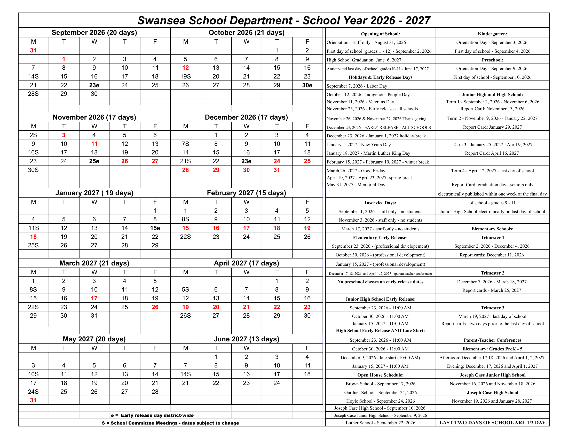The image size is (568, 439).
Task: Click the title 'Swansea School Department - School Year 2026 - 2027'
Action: [x=284, y=20]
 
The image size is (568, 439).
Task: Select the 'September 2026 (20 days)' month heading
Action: [x=94, y=33]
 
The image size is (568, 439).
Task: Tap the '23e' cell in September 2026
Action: [x=94, y=85]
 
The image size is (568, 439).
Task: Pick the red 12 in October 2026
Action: [x=185, y=68]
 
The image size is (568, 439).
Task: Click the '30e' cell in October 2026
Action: [x=307, y=85]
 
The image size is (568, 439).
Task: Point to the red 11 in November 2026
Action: [x=94, y=144]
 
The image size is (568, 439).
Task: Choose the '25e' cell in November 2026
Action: [x=94, y=161]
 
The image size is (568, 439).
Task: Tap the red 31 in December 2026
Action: [x=277, y=170]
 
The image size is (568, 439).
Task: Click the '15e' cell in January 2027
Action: [x=155, y=228]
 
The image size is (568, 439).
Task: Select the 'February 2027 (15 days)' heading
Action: [x=246, y=193]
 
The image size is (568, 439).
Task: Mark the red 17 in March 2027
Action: [x=94, y=298]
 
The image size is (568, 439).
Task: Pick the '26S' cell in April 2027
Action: [x=185, y=316]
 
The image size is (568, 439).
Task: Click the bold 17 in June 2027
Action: [x=277, y=374]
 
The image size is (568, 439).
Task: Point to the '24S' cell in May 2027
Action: [x=33, y=392]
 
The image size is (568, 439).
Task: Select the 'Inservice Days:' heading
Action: [x=380, y=203]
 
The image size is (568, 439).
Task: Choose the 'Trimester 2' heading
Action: [x=492, y=273]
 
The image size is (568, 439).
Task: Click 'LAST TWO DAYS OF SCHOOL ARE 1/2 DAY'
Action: [x=492, y=423]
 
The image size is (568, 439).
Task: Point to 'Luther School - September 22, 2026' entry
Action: [x=380, y=423]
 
